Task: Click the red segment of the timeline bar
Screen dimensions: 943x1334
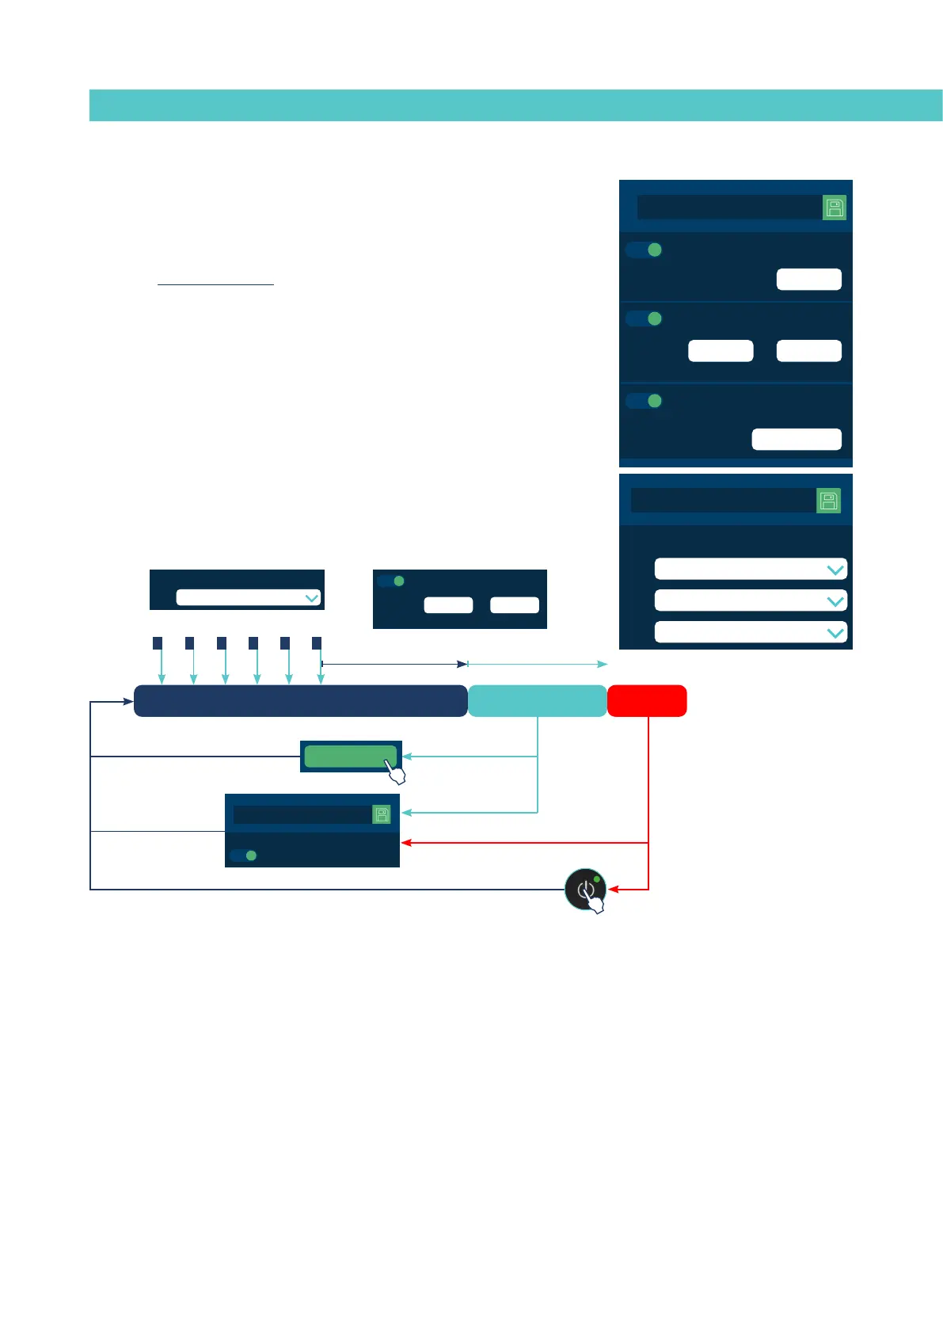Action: click(647, 701)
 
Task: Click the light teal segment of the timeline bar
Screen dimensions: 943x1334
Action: click(537, 701)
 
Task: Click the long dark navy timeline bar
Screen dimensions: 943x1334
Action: click(300, 701)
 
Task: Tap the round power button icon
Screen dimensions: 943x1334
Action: click(585, 889)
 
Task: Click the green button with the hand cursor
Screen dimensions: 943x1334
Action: click(349, 757)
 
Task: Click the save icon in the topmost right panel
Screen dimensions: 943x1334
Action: click(835, 208)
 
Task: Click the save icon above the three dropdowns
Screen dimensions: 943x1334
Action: click(828, 501)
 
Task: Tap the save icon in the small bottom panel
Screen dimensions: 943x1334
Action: click(382, 814)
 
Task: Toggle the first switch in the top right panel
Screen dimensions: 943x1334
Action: click(645, 250)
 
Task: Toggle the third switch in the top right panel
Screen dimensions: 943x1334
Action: click(645, 401)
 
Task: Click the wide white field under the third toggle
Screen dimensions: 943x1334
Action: click(796, 440)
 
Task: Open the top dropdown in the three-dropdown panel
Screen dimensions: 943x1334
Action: click(750, 570)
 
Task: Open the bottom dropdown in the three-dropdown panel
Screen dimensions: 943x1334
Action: click(750, 632)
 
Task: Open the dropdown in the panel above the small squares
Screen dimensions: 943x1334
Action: click(248, 597)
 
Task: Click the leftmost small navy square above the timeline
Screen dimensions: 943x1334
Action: click(158, 642)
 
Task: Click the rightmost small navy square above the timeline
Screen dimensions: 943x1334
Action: click(317, 642)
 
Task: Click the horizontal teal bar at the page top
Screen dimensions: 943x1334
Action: click(515, 105)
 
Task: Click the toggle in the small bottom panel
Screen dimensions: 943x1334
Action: click(244, 856)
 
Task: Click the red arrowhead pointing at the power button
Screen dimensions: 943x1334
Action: click(613, 890)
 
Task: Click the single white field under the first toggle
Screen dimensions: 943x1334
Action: click(808, 280)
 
